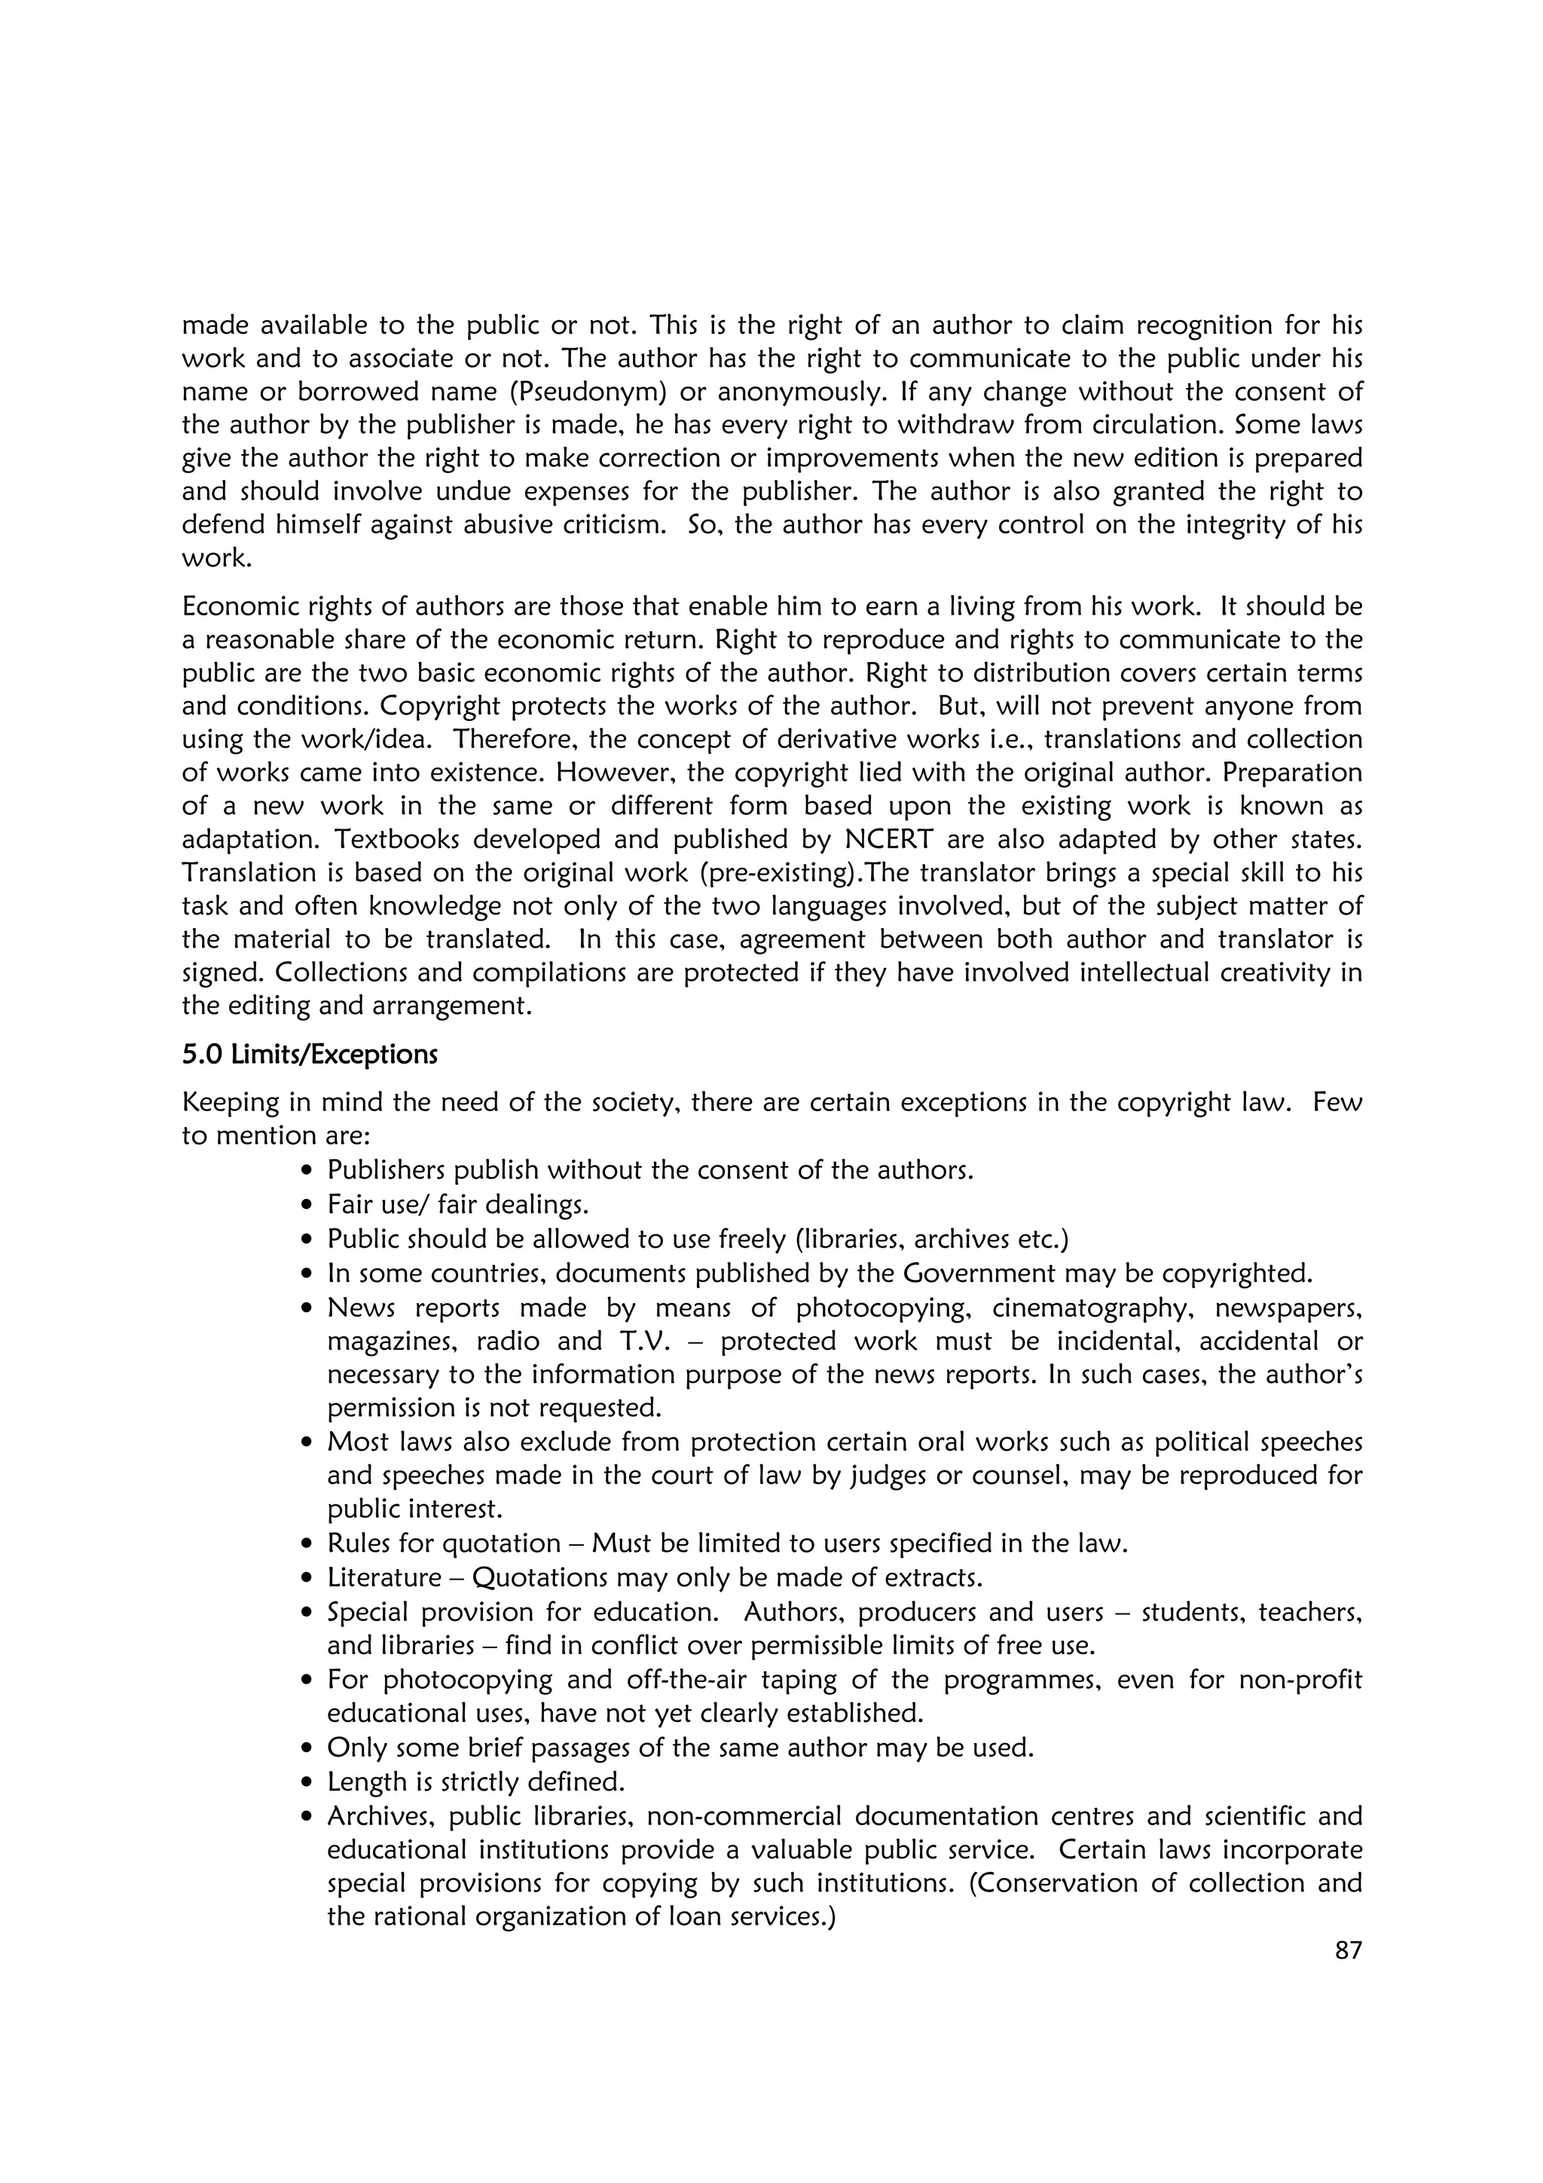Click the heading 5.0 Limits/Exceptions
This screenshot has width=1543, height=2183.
tap(309, 1055)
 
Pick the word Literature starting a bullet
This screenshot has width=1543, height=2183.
tap(384, 1577)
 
